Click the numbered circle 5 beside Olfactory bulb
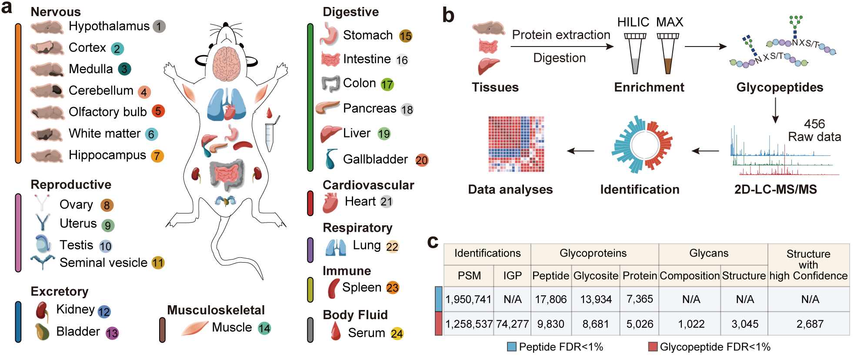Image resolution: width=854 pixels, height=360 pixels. pos(158,111)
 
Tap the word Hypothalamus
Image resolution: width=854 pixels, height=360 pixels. pos(109,26)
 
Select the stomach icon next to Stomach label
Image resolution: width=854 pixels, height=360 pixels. pos(329,34)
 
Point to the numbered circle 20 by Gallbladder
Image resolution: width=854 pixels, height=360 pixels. pos(421,160)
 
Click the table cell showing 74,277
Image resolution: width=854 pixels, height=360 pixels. pos(512,324)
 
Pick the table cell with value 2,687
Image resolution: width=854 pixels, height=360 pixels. pos(810,324)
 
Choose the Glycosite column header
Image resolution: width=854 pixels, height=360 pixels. pos(596,276)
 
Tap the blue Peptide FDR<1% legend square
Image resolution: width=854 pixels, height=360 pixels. pos(512,347)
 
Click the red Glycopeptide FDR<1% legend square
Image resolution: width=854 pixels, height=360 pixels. pos(653,347)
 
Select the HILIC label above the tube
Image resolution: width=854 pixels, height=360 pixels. pos(633,22)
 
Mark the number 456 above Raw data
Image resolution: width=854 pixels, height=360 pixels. pos(814,124)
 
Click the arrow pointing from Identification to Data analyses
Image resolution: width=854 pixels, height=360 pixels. pos(580,151)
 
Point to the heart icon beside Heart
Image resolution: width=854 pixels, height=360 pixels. pos(330,202)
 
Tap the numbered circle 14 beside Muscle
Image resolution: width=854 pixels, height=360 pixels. pos(264,328)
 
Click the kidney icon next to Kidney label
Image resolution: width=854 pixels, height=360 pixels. pos(42,310)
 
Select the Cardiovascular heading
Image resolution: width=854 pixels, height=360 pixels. pos(368,185)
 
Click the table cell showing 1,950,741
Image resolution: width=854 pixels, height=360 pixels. pos(468,299)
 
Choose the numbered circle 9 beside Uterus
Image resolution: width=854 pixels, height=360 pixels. pos(108,225)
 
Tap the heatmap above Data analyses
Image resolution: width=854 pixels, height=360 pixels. pos(516,144)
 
